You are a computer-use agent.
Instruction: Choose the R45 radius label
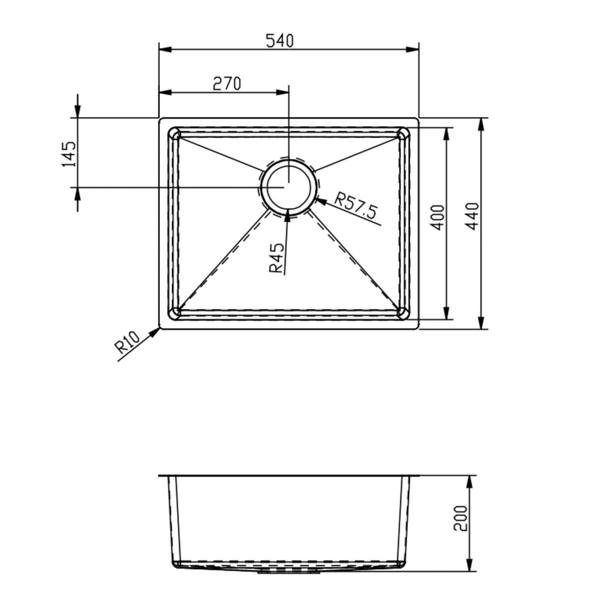click(276, 258)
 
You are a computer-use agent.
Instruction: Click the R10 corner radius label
click(127, 344)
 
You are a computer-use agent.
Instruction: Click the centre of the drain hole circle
click(288, 185)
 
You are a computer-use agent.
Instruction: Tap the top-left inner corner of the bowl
click(175, 133)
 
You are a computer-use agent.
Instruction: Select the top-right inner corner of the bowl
click(403, 133)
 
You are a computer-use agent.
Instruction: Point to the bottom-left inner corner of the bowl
click(175, 312)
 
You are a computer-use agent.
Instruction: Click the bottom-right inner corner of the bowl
click(403, 312)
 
